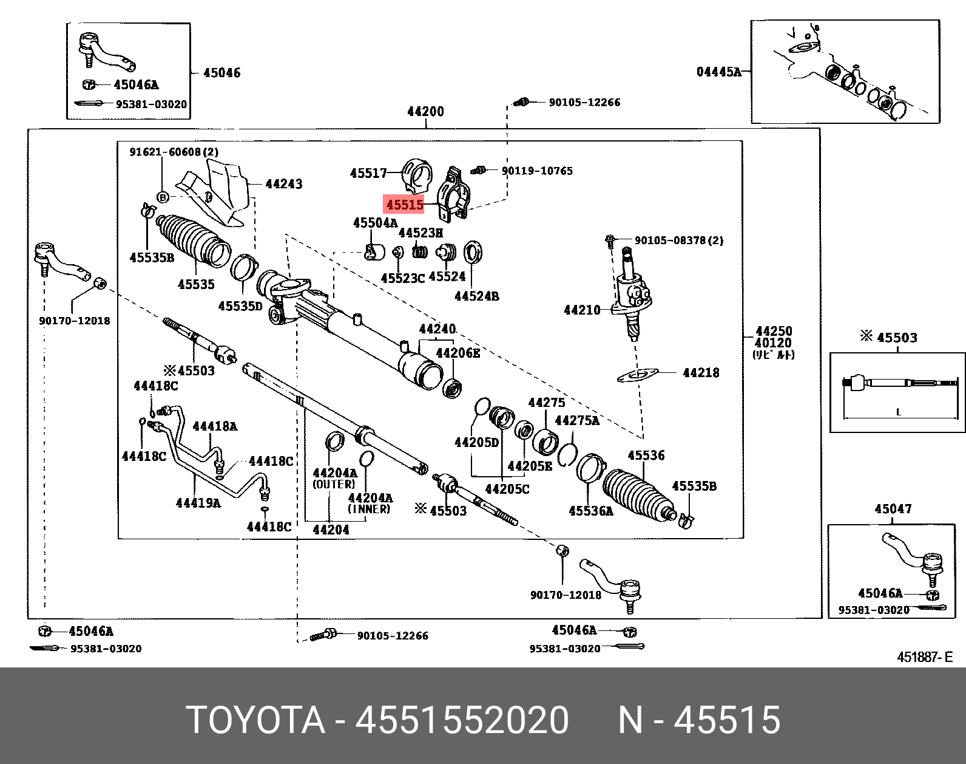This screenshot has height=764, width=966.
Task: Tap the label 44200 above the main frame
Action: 425,112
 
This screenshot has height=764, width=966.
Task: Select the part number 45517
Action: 368,173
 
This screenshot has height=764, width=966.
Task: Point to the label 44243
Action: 284,183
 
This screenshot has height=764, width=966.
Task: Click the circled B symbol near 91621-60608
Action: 163,196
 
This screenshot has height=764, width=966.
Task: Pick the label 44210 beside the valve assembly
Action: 582,310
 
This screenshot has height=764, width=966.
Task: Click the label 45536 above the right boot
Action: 646,455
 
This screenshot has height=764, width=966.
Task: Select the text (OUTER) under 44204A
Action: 334,484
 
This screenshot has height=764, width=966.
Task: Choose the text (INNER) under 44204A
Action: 369,509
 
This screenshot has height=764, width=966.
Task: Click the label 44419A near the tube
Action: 198,502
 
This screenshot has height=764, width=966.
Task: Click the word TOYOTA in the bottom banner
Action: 255,720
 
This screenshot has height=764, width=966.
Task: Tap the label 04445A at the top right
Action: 718,72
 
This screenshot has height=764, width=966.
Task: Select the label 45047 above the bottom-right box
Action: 893,509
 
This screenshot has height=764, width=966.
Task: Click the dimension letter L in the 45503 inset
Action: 899,412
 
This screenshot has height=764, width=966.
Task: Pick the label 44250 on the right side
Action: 774,331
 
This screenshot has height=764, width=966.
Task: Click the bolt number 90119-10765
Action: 537,171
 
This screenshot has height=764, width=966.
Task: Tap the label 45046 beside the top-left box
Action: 221,73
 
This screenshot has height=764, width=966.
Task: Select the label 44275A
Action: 577,420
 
